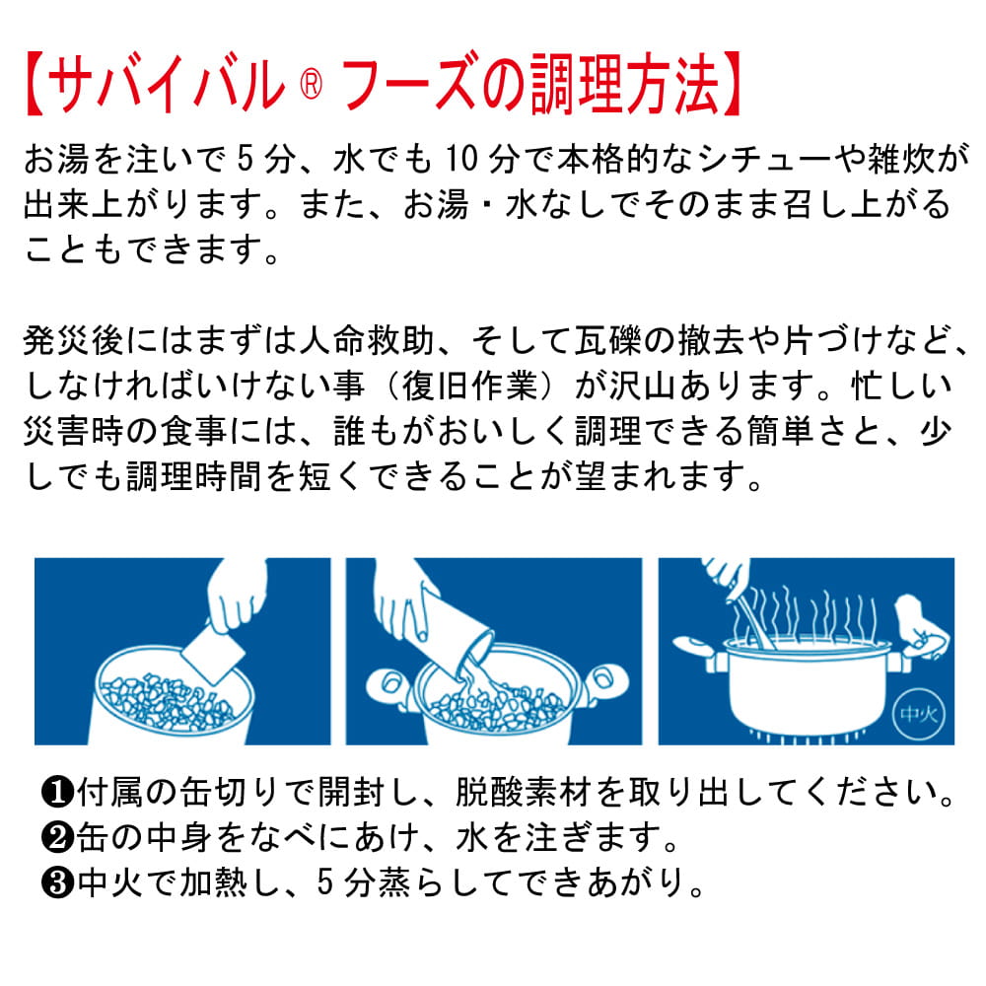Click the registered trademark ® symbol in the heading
pos(311,84)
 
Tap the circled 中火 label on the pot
pos(919,714)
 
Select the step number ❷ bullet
pos(56,837)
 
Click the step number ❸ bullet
pos(56,882)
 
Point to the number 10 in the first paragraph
pos(462,159)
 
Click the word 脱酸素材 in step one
pos(525,792)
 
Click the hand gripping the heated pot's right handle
pos(920,627)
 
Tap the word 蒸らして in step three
pos(449,882)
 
